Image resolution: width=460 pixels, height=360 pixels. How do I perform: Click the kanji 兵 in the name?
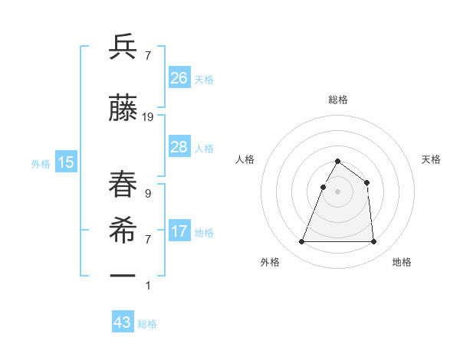123,47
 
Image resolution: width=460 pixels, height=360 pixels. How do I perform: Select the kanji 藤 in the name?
123,110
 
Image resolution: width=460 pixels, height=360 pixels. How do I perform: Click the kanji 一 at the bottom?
123,274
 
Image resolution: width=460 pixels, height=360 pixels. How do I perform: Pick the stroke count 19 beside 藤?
148,117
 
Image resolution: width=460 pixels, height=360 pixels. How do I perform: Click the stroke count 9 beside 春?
148,194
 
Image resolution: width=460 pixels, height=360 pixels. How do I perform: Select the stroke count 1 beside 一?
148,286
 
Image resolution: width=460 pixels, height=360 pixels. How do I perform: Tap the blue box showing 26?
179,78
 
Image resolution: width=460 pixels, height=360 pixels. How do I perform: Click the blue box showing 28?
179,147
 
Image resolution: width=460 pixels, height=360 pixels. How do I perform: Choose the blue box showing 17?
179,231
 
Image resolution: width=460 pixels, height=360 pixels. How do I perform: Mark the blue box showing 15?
66,162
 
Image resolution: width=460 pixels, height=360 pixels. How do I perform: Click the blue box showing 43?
123,322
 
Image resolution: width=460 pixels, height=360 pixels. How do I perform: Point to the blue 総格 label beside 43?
148,324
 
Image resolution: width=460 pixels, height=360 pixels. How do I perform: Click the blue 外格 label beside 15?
41,163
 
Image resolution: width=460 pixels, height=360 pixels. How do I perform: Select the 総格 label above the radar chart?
337,100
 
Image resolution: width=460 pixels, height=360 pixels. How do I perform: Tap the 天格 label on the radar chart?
431,159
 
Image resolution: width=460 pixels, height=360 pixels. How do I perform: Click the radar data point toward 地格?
373,242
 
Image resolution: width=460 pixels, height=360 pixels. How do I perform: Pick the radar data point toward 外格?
302,242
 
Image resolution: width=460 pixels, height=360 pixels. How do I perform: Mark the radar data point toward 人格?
324,187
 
